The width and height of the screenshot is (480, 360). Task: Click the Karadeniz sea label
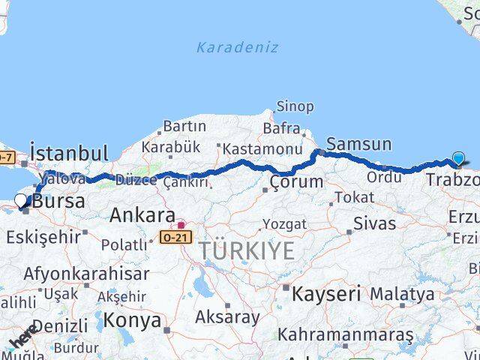[237, 47]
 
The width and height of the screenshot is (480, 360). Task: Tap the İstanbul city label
[69, 154]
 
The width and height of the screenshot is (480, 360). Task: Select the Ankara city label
[142, 215]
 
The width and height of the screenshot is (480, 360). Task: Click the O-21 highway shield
[175, 237]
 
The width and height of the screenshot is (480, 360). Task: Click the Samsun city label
[359, 144]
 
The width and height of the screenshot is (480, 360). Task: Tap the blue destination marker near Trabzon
[458, 158]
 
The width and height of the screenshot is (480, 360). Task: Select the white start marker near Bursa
[21, 200]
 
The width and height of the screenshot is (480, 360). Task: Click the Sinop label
[295, 106]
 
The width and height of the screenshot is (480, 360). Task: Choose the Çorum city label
[296, 181]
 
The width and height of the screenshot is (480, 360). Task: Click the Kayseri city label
[326, 292]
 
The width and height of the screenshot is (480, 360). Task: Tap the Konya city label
[132, 321]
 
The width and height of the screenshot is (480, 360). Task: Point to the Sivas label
[373, 223]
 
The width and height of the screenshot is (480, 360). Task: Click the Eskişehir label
[43, 238]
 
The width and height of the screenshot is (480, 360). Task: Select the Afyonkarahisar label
[86, 273]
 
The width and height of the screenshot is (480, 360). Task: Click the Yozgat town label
[284, 223]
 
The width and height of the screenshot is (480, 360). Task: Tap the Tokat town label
[354, 197]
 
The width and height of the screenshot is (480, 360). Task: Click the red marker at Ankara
[181, 224]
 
